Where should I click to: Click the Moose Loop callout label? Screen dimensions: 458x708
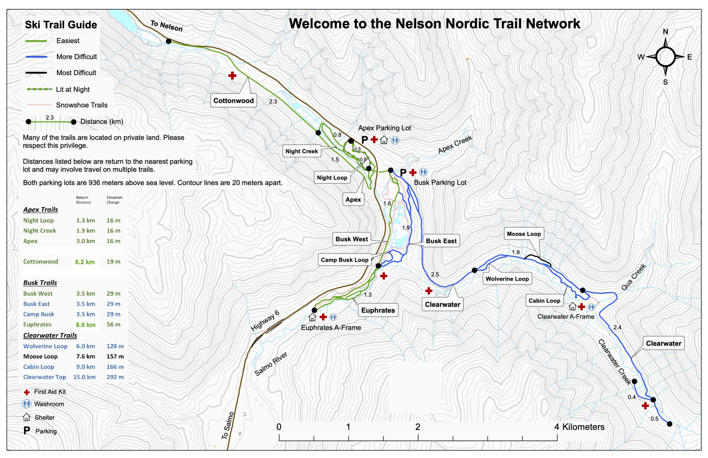[x=524, y=234]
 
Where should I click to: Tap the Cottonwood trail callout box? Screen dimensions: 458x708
[x=233, y=101]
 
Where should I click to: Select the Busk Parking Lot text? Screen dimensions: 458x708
[x=440, y=183]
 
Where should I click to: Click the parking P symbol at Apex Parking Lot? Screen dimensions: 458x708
[x=364, y=140]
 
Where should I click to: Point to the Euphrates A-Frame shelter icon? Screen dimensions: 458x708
[x=312, y=317]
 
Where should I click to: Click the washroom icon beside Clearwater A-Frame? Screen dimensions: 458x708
[x=591, y=307]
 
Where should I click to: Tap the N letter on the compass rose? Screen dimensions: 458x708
[x=665, y=32]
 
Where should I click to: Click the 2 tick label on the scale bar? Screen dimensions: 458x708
[x=417, y=427]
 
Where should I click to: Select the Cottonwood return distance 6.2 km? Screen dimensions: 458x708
[x=85, y=262]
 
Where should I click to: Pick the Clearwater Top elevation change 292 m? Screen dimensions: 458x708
[x=115, y=377]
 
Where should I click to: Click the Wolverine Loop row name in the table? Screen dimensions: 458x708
[x=45, y=346]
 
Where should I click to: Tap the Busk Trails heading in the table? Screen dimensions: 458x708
[x=40, y=283]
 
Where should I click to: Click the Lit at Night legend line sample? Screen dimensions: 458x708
[x=39, y=89]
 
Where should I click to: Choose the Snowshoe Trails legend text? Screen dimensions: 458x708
[x=81, y=105]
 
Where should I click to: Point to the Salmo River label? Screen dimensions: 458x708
[x=271, y=364]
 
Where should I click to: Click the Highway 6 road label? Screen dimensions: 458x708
[x=265, y=321]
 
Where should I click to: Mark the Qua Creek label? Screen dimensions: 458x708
[x=633, y=277]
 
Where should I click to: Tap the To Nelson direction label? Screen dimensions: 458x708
[x=166, y=26]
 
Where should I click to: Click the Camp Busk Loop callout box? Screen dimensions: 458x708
[x=344, y=260]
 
